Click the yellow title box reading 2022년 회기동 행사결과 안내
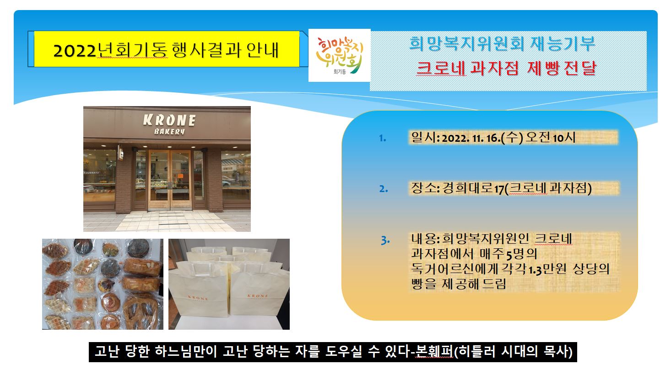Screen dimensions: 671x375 coord(167,49)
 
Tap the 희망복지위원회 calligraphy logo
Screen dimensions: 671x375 coord(340,55)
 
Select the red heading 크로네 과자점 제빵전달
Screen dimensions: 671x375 coord(506,68)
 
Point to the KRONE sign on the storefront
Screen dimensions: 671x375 coord(169,120)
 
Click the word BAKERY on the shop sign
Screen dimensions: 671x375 coord(169,131)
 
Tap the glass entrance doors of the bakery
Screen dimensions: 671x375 coord(170,180)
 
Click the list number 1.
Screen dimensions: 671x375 coord(382,138)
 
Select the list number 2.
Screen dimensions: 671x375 coord(384,189)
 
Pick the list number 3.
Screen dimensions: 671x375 coord(385,240)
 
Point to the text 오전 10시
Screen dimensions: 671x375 coord(551,138)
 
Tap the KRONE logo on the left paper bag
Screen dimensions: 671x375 coord(198,298)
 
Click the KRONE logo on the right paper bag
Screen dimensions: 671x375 coord(258,296)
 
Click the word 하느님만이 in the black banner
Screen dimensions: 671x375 coord(186,351)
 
